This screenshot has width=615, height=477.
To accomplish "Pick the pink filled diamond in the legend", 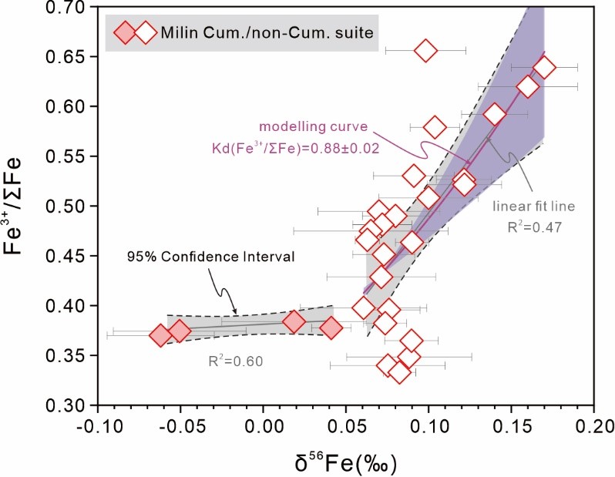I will (125, 33).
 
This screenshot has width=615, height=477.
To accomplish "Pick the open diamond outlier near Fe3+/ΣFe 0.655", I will (425, 51).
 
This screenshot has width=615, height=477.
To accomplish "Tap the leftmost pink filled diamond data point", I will (160, 335).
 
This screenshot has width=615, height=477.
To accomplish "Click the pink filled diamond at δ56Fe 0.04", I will (331, 328).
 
